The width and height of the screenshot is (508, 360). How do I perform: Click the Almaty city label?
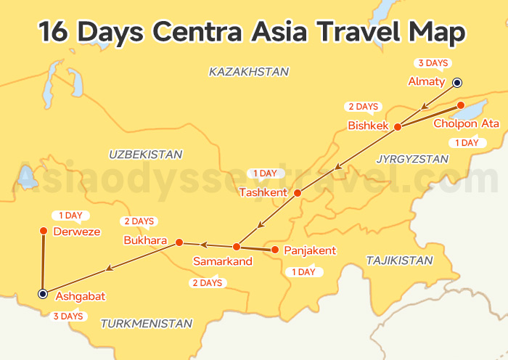point(426,81)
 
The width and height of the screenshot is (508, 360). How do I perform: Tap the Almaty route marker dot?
point(457,82)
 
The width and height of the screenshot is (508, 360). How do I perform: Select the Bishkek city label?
point(369,126)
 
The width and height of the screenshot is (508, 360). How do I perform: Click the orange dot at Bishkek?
point(398,127)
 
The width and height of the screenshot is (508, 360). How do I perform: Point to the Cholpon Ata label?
point(466,123)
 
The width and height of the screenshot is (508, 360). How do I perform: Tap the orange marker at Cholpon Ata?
point(460,106)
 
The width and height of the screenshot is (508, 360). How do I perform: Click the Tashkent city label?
point(263,192)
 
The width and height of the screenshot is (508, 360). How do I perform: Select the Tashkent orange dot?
point(296,193)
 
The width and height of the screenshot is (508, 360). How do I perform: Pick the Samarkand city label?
point(223,261)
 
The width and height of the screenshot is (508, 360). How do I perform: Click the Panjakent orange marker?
point(274,250)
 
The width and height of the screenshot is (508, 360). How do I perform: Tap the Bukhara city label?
point(145,240)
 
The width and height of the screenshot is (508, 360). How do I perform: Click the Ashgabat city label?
point(81,296)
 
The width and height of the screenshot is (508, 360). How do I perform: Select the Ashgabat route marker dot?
point(43,294)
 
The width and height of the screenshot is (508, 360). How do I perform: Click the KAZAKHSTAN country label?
point(248,72)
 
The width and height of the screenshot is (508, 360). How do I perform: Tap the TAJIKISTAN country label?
point(399,260)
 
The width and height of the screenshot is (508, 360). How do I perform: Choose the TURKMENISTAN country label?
point(147,324)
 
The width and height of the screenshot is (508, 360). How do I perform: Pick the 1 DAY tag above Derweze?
point(70,216)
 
